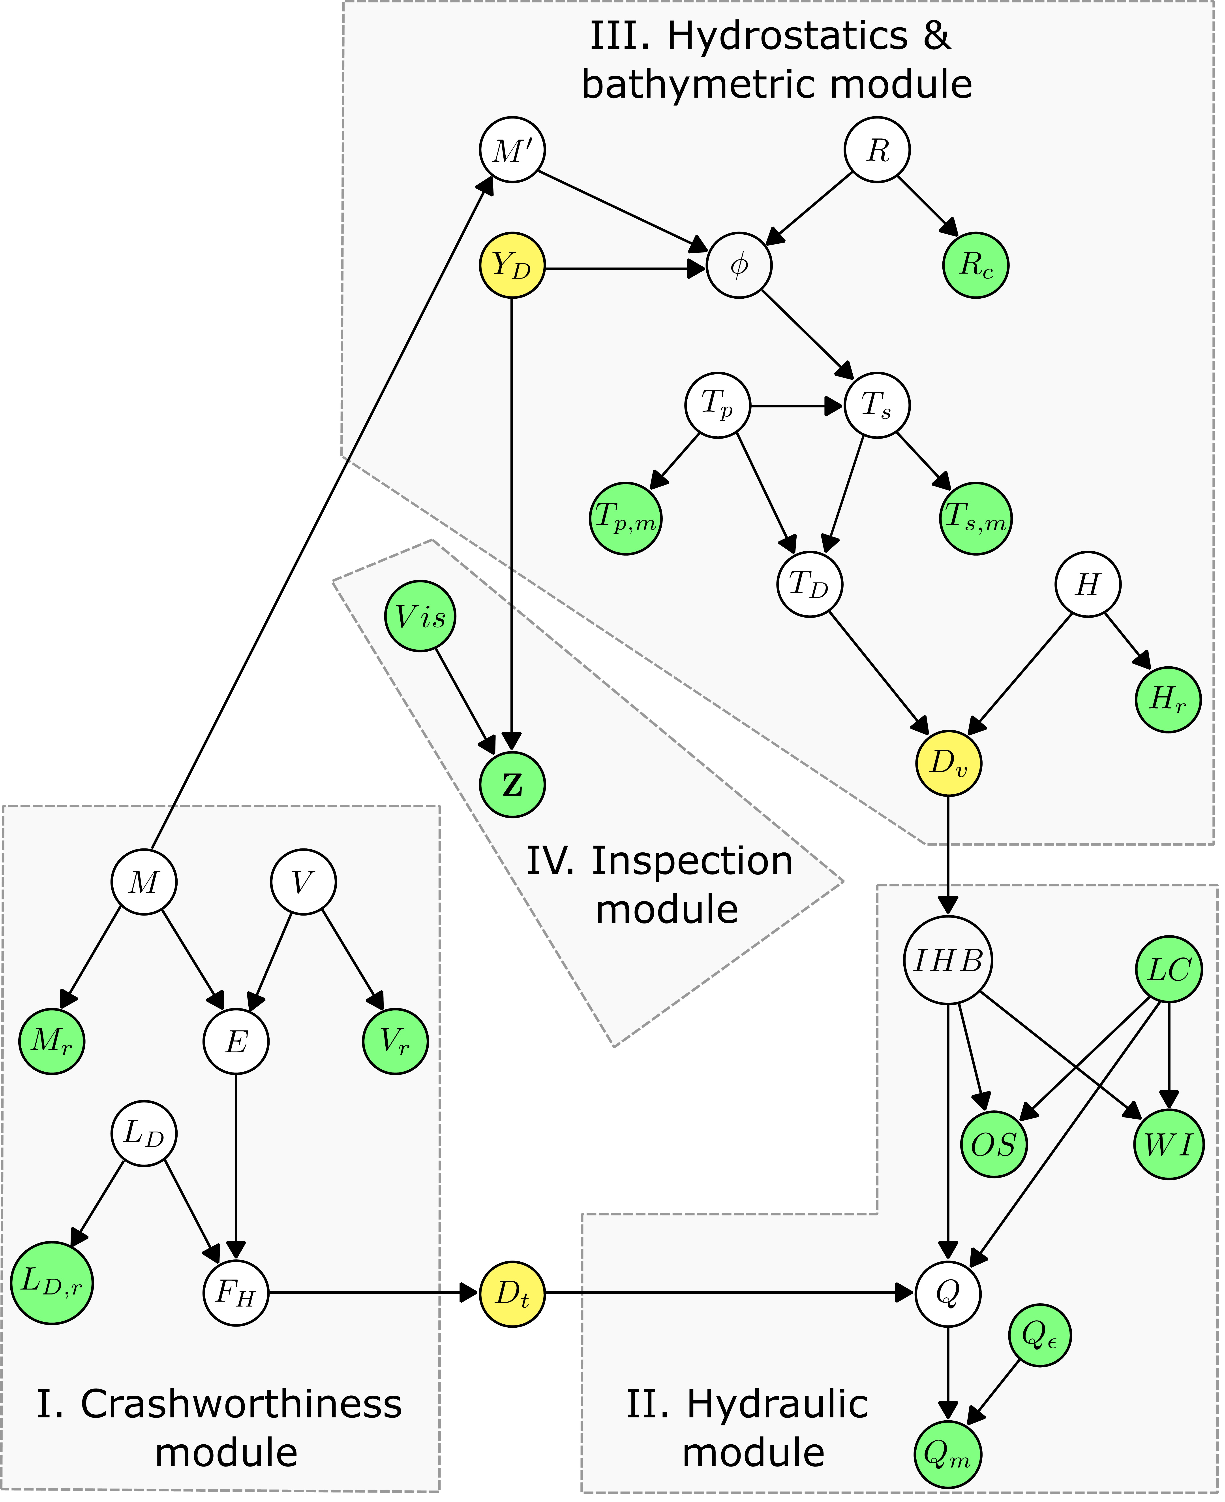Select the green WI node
tap(1169, 1144)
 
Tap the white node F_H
tap(236, 1293)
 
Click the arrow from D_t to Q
tap(727, 1293)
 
